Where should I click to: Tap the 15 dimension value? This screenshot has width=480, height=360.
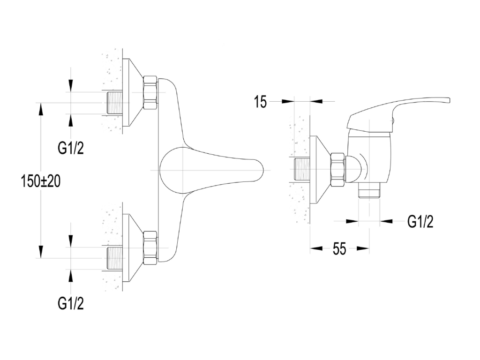click(260, 102)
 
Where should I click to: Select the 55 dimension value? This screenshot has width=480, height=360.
click(339, 249)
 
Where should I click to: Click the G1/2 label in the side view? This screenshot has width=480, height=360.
click(420, 221)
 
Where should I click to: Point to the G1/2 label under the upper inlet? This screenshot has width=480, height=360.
click(70, 148)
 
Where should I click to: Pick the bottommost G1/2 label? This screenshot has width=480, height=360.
click(70, 303)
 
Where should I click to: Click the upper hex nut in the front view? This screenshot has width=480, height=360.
click(150, 92)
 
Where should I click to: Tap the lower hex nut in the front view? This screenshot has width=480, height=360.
click(150, 247)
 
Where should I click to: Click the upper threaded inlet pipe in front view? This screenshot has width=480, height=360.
click(115, 102)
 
